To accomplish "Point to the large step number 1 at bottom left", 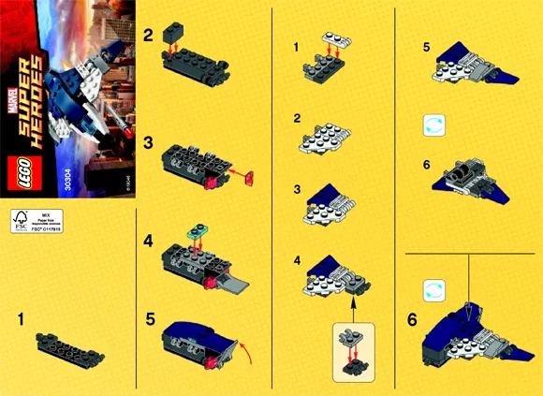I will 20,320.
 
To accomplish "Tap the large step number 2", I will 148,35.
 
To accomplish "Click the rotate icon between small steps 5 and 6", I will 433,125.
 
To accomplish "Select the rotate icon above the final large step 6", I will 433,290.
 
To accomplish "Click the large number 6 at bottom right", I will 413,319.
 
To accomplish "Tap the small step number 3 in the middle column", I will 297,188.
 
